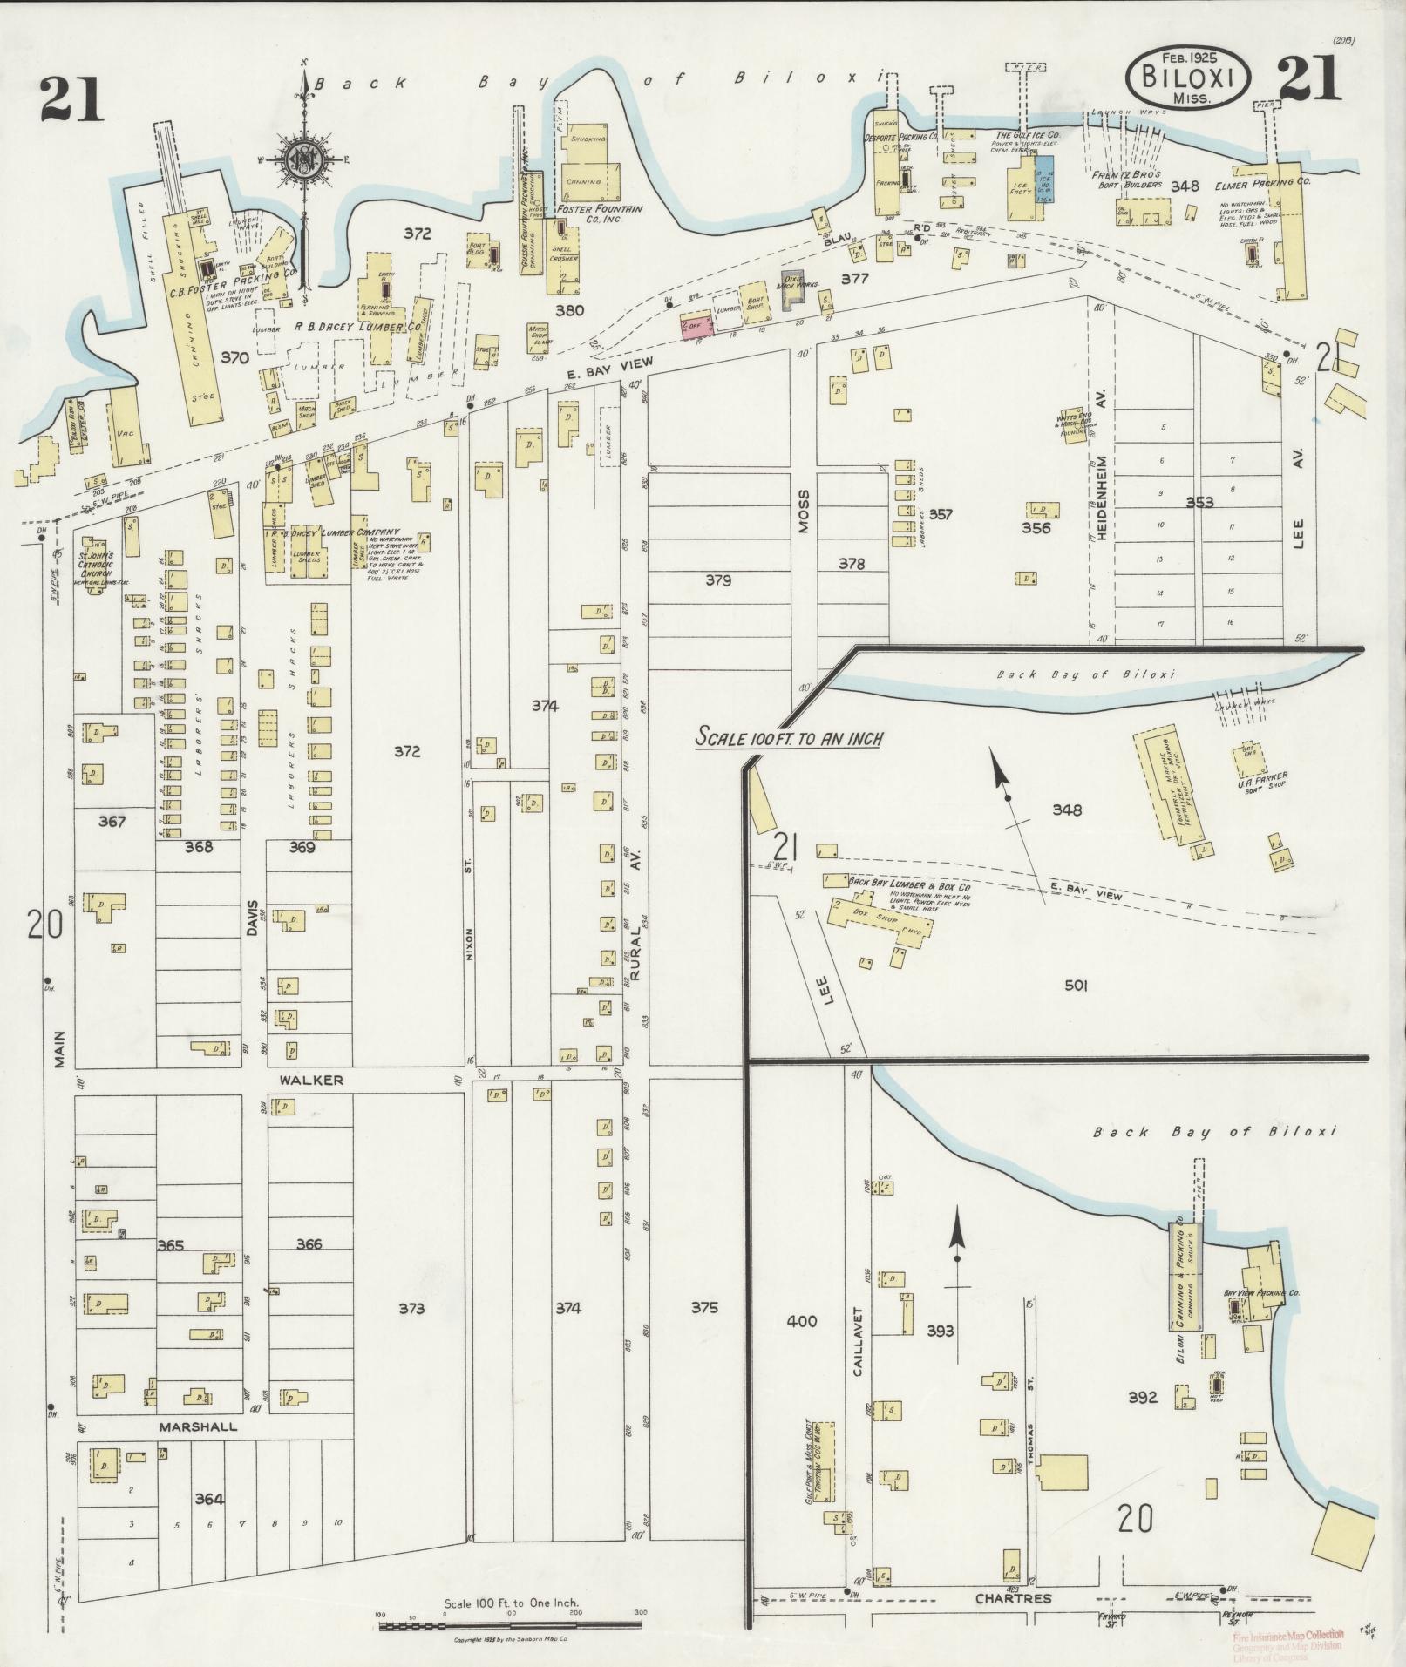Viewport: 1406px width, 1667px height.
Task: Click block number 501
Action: (x=1076, y=986)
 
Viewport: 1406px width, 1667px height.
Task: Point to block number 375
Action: (x=704, y=1308)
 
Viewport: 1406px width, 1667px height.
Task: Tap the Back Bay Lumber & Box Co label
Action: (x=902, y=884)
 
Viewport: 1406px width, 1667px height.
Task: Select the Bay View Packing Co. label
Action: (x=1261, y=1293)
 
